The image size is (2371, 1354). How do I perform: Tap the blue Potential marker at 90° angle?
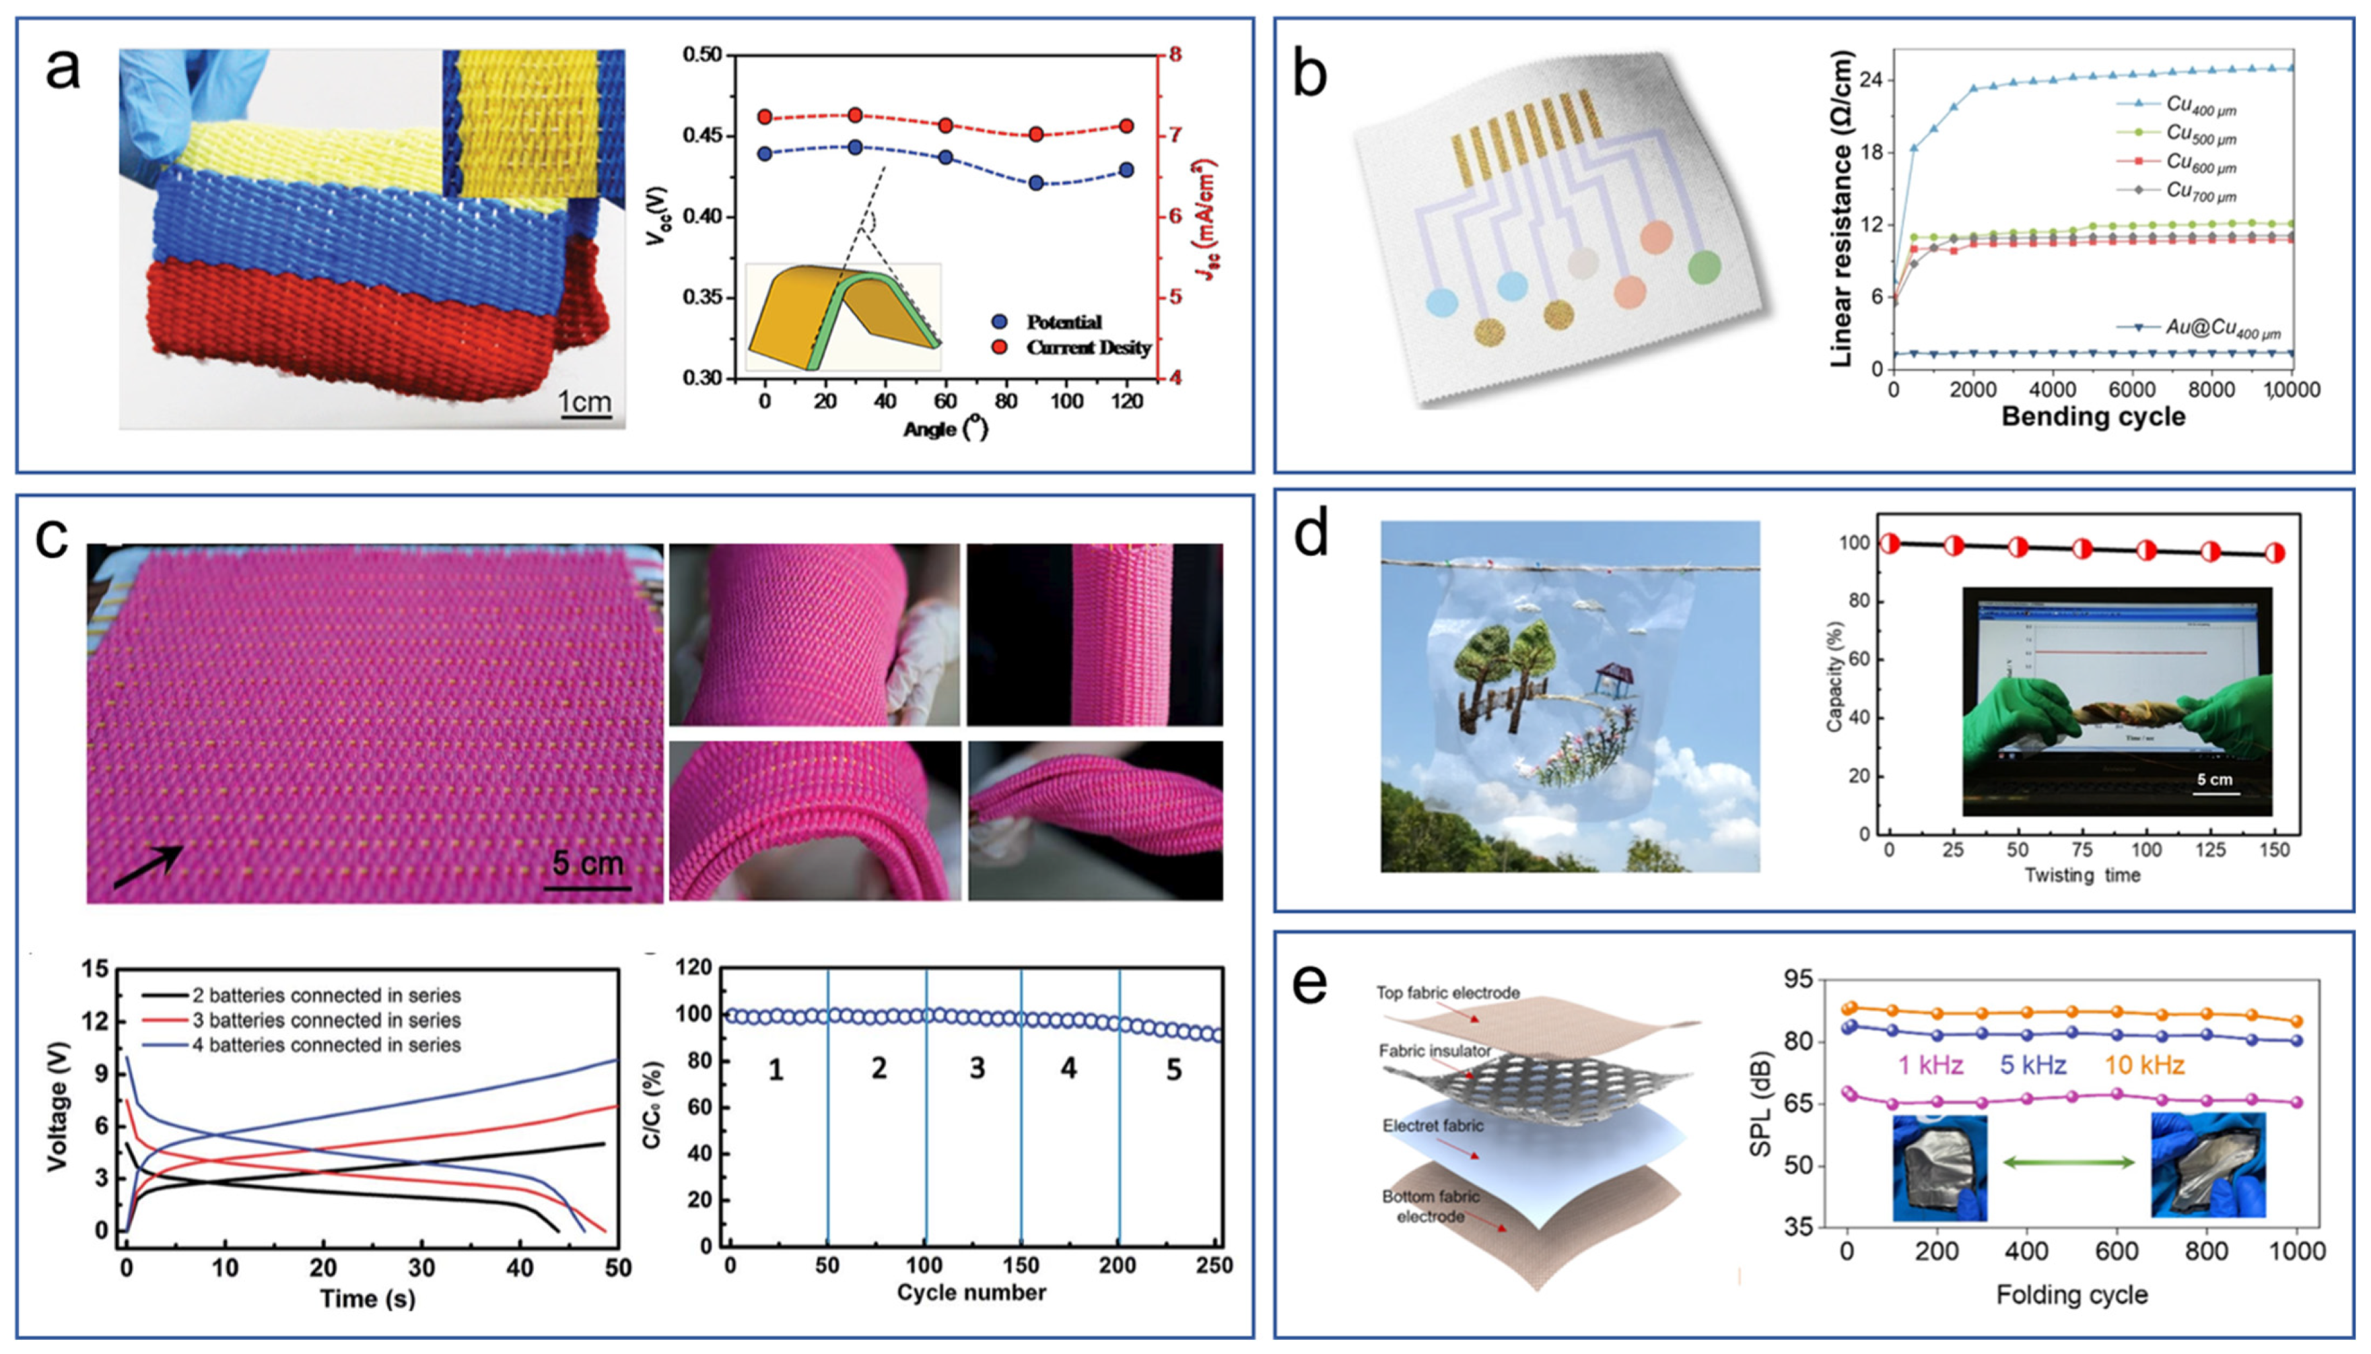tap(1036, 183)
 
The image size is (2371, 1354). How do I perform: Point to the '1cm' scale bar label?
tap(584, 402)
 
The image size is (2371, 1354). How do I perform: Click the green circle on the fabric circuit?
tap(1705, 267)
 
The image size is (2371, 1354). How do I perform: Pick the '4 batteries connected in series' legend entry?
tap(325, 1044)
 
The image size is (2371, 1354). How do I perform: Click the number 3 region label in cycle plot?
tap(976, 1069)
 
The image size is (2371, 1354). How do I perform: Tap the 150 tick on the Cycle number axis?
tap(1021, 1266)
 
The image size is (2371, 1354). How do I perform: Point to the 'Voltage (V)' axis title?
tap(58, 1112)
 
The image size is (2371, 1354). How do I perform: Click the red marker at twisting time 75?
tap(2082, 549)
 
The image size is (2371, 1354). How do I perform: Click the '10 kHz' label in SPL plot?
tap(2144, 1064)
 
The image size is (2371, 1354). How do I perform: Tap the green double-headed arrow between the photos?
tap(2068, 1161)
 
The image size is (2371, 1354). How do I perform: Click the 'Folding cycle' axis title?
tap(2071, 1295)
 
